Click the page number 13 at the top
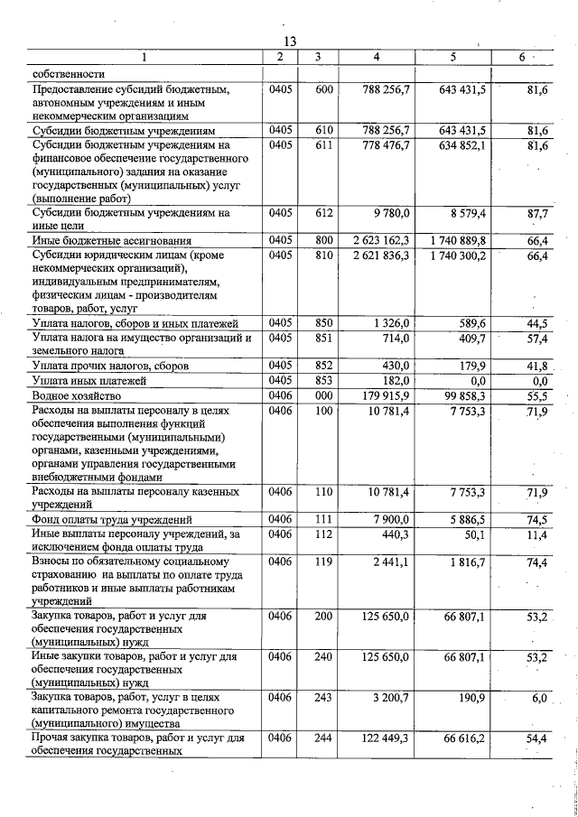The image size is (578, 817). [290, 42]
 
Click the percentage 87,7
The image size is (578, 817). [537, 214]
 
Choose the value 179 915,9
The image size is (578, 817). [384, 396]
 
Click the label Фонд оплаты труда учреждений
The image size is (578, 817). [112, 519]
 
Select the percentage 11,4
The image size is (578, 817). [537, 534]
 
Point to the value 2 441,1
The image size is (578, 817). [391, 562]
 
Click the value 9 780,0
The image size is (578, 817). [393, 214]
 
